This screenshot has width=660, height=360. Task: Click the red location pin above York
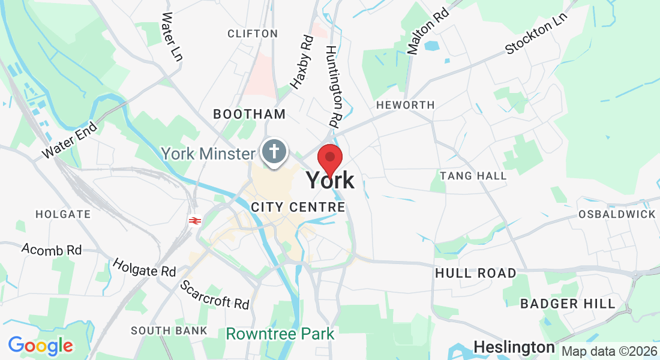329,158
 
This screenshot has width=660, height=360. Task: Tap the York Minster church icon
275,151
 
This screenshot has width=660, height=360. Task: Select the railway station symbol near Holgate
194,221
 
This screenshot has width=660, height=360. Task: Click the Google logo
41,346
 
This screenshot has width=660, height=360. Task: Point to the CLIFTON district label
253,34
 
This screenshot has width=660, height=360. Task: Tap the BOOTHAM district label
249,114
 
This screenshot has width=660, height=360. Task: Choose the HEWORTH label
405,105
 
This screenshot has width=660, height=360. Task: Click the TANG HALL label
473,176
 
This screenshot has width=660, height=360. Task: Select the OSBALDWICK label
617,214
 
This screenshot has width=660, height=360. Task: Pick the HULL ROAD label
475,273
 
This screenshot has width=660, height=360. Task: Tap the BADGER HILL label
568,304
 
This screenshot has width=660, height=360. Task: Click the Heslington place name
514,347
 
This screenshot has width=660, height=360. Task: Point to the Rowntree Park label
280,333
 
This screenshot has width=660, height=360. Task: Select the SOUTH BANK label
169,331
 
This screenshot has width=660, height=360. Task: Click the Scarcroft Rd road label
215,295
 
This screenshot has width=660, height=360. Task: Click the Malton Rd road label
427,31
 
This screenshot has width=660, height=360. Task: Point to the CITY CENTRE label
298,207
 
